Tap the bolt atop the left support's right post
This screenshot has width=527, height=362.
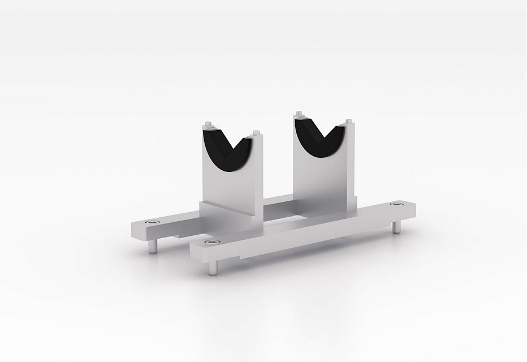tap(258, 133)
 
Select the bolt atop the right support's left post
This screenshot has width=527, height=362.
tap(298, 115)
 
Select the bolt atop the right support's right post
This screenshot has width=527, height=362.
tap(348, 122)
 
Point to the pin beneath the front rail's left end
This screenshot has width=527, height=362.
tap(211, 268)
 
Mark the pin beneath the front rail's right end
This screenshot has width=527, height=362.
tap(396, 226)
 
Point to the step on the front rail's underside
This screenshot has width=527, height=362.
tap(249, 258)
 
